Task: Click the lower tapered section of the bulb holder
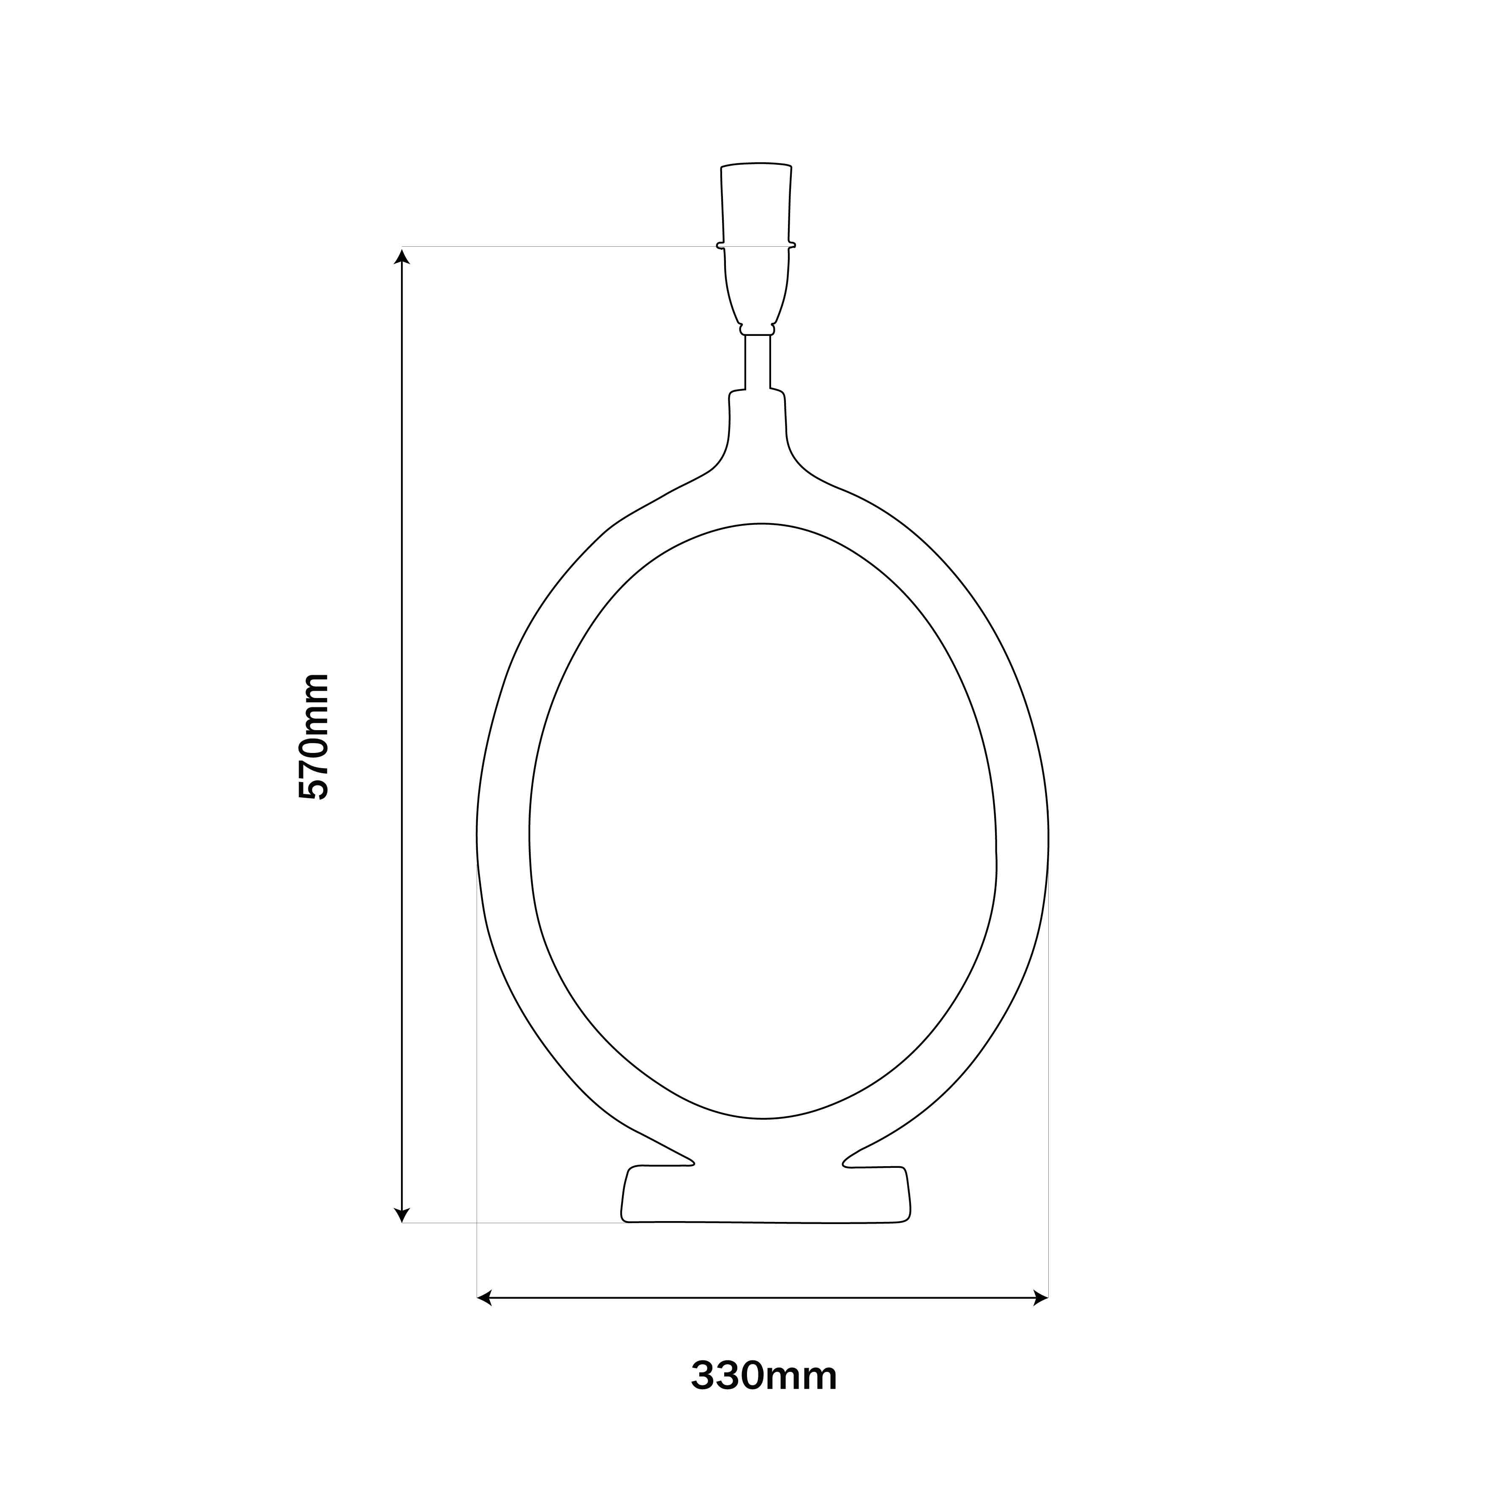coord(756,287)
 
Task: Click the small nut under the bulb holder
coord(757,330)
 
